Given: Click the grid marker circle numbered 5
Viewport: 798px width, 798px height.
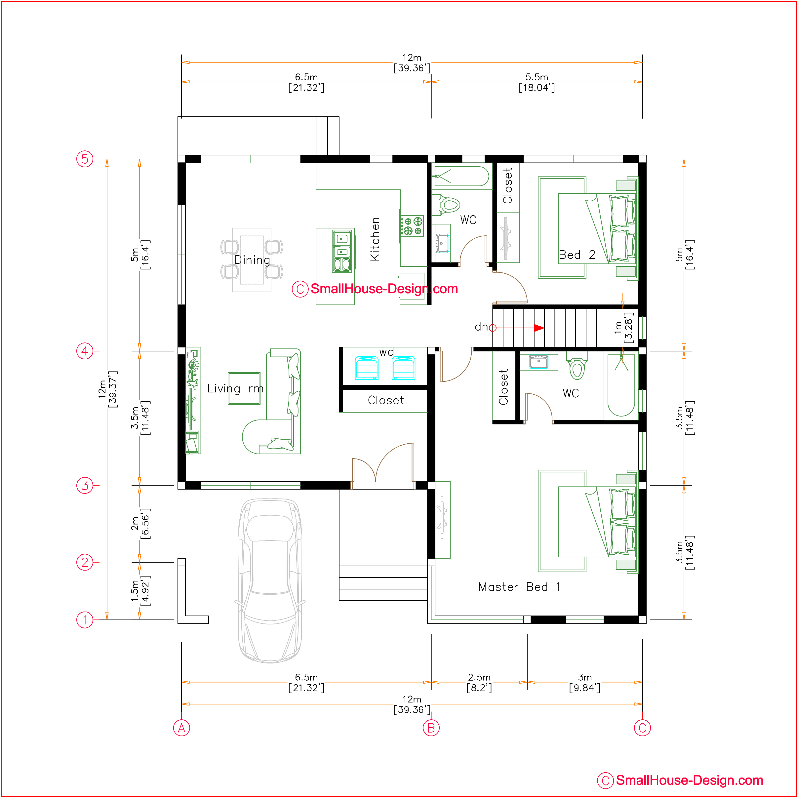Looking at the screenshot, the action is point(85,159).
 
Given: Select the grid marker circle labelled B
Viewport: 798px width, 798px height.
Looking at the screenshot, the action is point(431,728).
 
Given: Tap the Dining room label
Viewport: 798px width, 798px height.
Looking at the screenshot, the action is point(252,260).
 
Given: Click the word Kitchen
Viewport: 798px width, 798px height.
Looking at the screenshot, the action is point(375,239).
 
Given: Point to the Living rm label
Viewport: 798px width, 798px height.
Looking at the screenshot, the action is point(235,388).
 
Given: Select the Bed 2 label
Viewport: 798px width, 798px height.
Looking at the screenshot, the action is point(577,255).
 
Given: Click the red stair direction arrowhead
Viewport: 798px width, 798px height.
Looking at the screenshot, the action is point(539,328).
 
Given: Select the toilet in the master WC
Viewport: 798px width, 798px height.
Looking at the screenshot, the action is point(577,365).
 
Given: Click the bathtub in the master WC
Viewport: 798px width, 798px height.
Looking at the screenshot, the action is point(621,385).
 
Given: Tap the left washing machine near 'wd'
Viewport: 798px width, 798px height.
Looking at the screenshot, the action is point(366,368).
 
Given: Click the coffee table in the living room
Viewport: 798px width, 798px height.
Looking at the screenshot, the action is point(244,388).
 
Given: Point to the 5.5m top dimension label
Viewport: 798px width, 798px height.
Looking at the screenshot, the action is point(537,82).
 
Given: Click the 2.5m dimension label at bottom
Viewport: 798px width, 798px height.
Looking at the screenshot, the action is point(479,682).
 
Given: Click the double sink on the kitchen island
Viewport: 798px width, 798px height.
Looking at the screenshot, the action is point(341,251).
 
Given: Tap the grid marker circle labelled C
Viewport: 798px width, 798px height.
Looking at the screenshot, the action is point(642,728).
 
